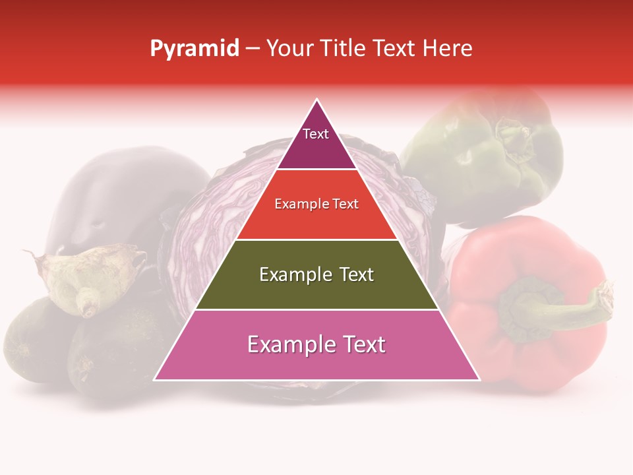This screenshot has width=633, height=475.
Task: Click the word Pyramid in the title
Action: [195, 48]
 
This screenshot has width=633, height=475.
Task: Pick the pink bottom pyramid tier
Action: [316, 360]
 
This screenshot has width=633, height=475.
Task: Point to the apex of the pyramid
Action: [317, 100]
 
